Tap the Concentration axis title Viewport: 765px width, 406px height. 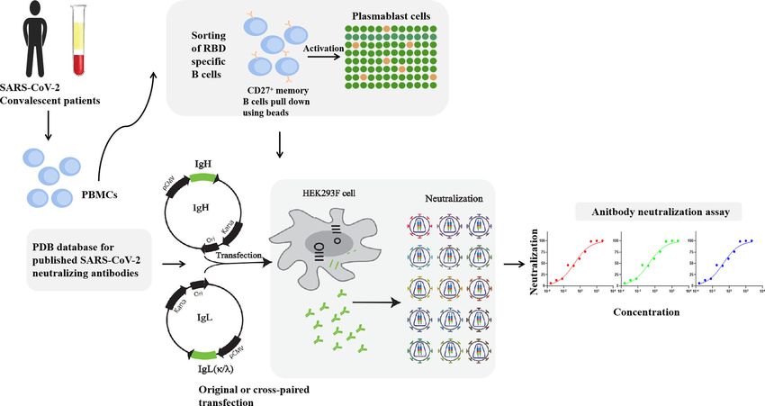[x=646, y=312]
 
